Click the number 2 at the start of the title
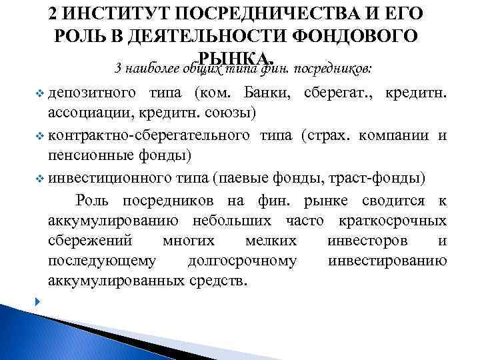pyautogui.click(x=55, y=14)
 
